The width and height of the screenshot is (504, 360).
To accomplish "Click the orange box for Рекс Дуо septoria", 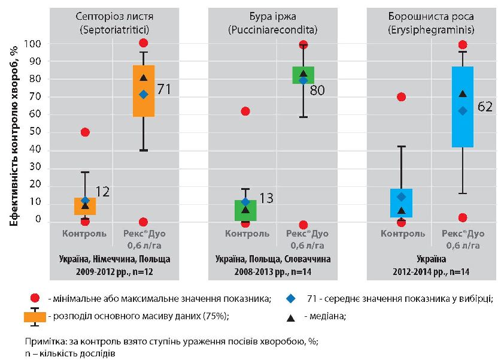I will click(x=144, y=90).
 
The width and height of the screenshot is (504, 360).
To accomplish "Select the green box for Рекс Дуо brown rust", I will click(x=303, y=75).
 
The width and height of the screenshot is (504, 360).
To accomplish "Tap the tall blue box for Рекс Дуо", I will click(x=463, y=106).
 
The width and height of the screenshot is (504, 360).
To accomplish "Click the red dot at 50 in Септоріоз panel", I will click(x=85, y=132).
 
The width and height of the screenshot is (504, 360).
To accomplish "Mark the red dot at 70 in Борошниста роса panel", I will click(x=402, y=97).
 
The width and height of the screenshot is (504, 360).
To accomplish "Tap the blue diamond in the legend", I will click(x=290, y=298).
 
